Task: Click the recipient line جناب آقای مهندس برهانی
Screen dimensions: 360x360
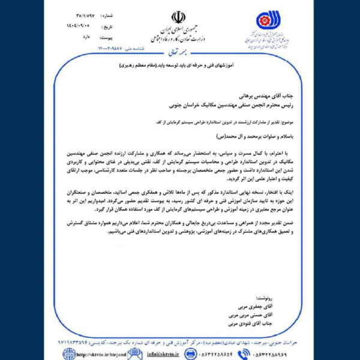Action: (258, 95)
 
